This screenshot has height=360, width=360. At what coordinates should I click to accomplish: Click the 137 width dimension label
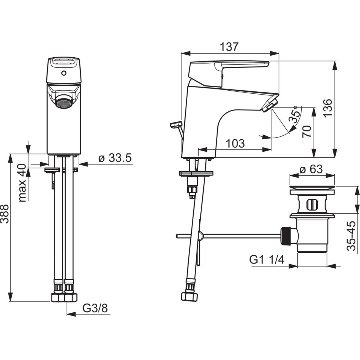click(x=229, y=47)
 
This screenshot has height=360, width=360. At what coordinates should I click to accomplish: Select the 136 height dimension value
click(x=328, y=108)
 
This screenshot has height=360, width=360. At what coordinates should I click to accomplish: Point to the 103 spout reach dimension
click(x=235, y=143)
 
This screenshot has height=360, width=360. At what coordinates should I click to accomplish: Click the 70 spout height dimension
click(x=307, y=131)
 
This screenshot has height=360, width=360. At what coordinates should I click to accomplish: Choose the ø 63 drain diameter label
click(x=311, y=169)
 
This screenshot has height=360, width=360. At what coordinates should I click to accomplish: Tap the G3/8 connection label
click(x=95, y=308)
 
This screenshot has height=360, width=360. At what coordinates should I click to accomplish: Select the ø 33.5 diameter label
click(x=115, y=158)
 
